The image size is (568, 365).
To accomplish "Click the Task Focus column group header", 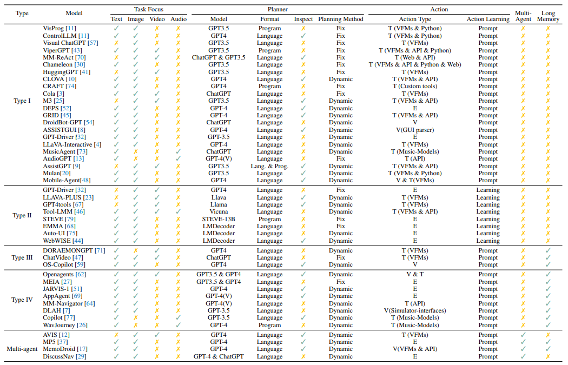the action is click(149, 9).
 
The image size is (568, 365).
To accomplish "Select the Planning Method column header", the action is click(340, 19).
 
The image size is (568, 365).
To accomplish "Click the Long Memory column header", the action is click(547, 16).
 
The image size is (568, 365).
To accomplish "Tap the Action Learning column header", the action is click(487, 19).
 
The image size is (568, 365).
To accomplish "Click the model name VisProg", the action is click(53, 28).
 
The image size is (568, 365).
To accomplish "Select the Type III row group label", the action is click(22, 257).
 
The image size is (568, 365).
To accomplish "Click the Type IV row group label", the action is click(22, 300).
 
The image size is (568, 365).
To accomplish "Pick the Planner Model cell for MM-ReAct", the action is click(219, 57).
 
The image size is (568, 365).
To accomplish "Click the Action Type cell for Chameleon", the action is click(415, 64).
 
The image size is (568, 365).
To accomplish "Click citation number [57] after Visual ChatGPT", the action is click(93, 43).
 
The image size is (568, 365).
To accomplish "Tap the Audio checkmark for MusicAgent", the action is click(178, 152).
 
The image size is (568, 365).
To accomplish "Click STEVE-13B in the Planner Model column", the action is click(219, 219).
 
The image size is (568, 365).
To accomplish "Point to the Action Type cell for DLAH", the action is click(415, 311).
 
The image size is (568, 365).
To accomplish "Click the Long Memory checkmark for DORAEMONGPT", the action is click(547, 250).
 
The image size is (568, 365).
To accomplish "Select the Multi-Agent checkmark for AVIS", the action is click(523, 335).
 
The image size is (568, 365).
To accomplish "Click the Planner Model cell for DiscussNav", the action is click(219, 356).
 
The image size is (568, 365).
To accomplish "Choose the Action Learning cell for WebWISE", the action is click(487, 241).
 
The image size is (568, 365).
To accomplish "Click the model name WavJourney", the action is click(59, 325).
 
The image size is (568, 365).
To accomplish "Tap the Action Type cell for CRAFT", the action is click(415, 86).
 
